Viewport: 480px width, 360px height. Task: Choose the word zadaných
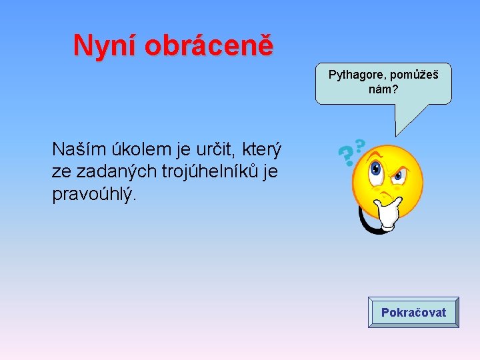[108, 171]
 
